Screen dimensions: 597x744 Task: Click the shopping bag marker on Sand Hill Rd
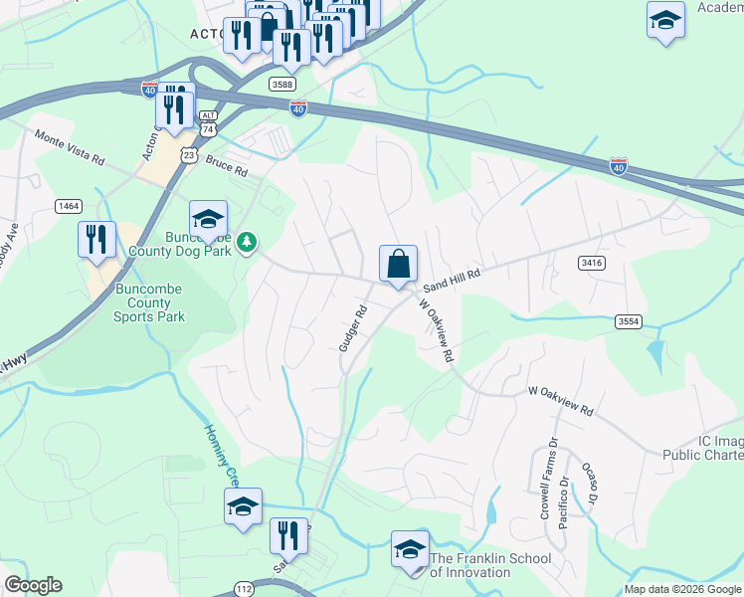click(x=398, y=265)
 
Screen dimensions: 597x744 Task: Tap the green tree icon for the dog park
click(x=247, y=240)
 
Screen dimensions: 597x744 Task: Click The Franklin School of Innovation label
click(x=489, y=565)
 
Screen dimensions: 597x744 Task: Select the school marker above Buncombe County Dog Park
click(x=208, y=220)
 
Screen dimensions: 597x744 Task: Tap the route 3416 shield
click(x=591, y=262)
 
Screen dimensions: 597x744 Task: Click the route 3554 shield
click(x=628, y=321)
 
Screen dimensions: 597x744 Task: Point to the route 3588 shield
click(x=281, y=86)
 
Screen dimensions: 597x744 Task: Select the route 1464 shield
click(x=69, y=206)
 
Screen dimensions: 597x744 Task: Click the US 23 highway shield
click(x=188, y=155)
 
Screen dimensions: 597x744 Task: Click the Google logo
click(x=33, y=585)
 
